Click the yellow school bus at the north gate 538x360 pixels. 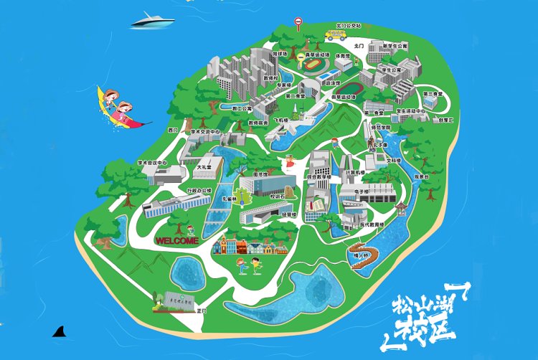pos(335,33)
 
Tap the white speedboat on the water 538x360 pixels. pos(153,19)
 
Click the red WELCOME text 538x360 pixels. pos(176,241)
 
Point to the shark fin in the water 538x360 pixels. pos(60,331)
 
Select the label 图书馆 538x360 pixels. pos(260,174)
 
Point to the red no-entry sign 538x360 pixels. pos(298,23)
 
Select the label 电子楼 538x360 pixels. pos(362,191)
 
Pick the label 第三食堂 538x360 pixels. pos(431,94)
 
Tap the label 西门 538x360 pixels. pos(172,131)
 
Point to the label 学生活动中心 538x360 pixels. pos(412,111)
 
